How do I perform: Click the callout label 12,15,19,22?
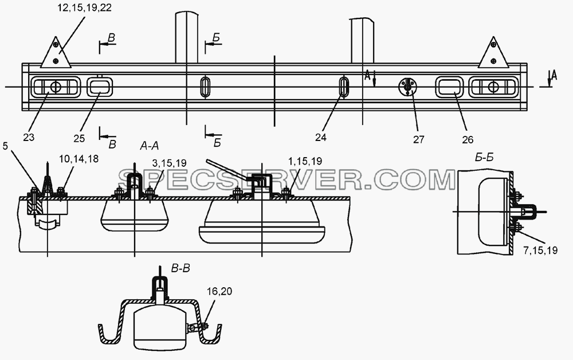tap(84, 7)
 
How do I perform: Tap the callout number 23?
tap(29, 137)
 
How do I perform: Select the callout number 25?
tap(79, 138)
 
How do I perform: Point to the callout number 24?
tap(321, 137)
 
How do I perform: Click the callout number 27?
tap(419, 139)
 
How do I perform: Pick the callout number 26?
tap(468, 139)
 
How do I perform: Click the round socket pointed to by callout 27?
tap(408, 87)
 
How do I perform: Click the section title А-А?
tap(149, 146)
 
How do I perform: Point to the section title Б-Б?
tap(484, 158)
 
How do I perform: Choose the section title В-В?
tap(180, 269)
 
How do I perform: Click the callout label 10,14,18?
tap(79, 159)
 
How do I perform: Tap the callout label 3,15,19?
tap(169, 163)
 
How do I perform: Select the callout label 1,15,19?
tap(305, 161)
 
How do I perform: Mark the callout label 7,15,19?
tap(540, 251)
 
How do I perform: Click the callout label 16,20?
tap(219, 291)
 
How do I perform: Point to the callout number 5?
tap(5, 146)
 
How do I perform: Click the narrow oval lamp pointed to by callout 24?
tap(343, 87)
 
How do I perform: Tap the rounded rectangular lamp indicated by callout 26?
tap(449, 87)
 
